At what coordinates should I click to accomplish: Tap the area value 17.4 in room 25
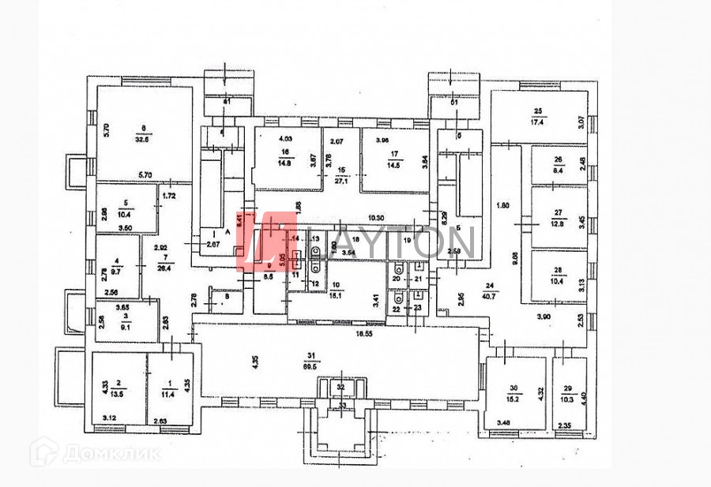(x=540, y=122)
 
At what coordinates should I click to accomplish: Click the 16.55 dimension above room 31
(x=363, y=335)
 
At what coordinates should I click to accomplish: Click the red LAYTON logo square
(x=262, y=242)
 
